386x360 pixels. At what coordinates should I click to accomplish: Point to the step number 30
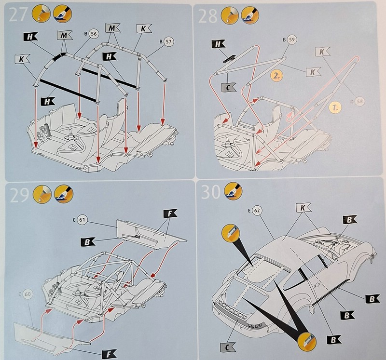coord(211,192)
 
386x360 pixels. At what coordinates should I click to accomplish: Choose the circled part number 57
coord(168,41)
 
